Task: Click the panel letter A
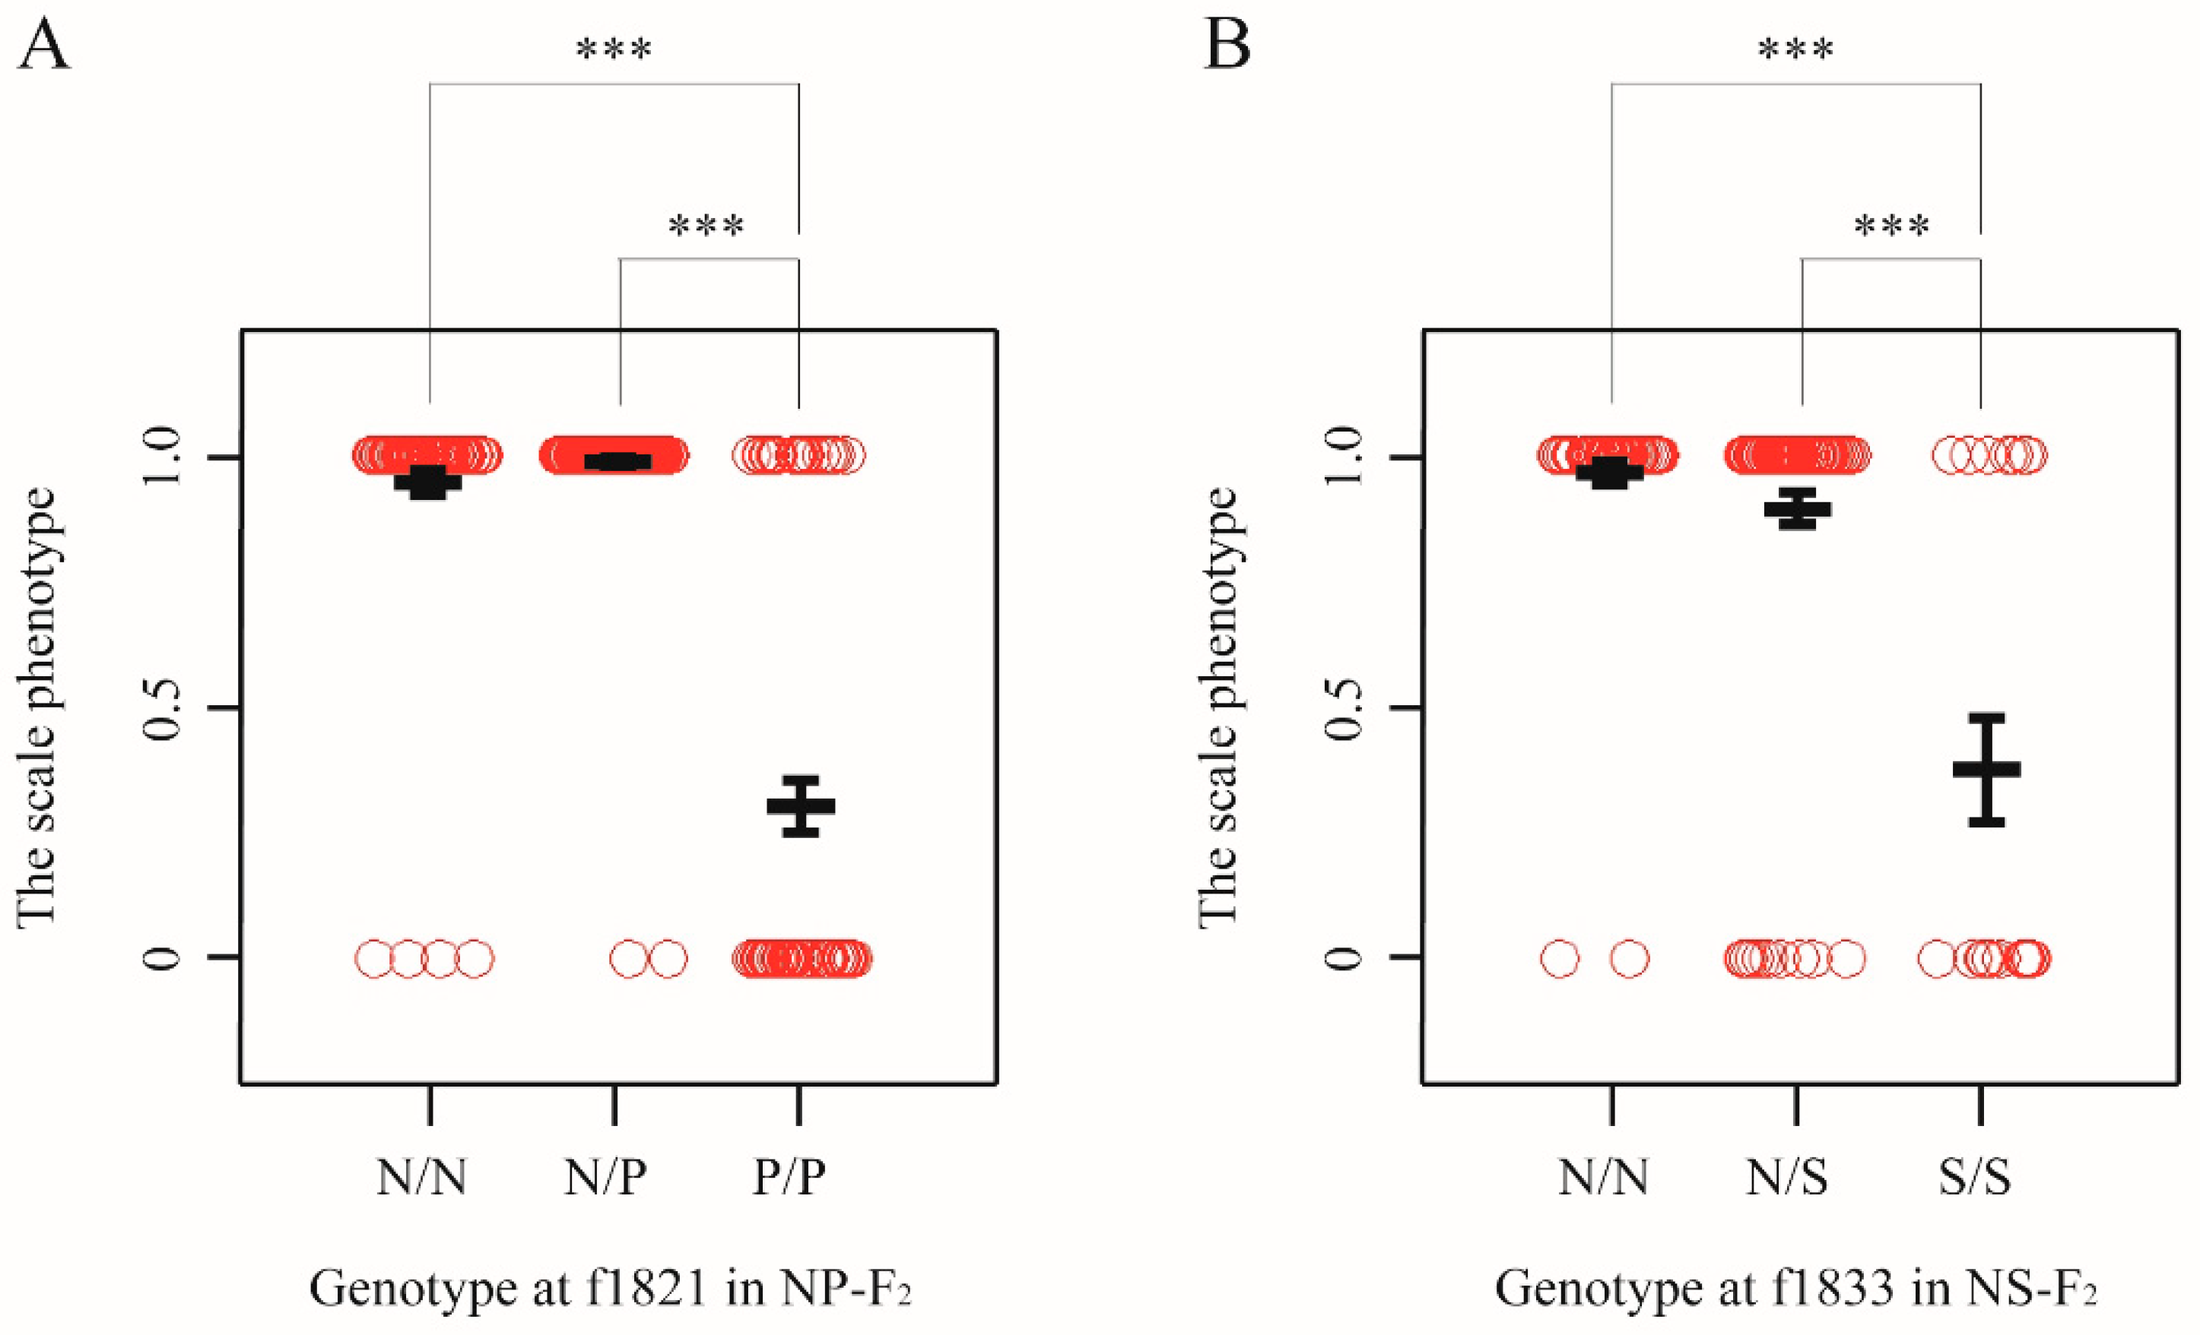[x=44, y=46]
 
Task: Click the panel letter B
[x=1227, y=46]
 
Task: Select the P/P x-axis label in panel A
[x=789, y=1177]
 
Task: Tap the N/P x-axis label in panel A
[x=605, y=1177]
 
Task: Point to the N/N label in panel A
[x=421, y=1177]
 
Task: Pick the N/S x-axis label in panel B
[x=1788, y=1177]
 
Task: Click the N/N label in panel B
[x=1604, y=1177]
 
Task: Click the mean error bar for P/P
[x=801, y=806]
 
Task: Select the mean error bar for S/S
[x=1986, y=769]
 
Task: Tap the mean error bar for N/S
[x=1797, y=508]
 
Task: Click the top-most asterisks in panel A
[x=614, y=49]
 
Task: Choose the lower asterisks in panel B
[x=1891, y=226]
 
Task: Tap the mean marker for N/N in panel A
[x=427, y=482]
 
